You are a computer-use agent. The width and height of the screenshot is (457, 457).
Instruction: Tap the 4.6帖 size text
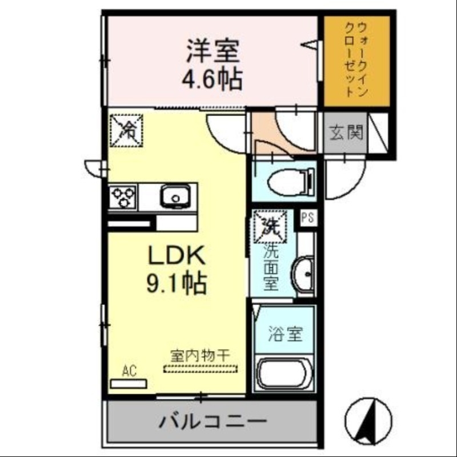[x=212, y=79]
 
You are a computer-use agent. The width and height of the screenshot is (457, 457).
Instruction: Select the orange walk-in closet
[x=357, y=61]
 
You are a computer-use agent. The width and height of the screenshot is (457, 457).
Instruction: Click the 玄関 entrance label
[x=346, y=133]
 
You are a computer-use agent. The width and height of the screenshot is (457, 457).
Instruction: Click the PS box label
[x=308, y=217]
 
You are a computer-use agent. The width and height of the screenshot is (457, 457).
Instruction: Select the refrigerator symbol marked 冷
[x=126, y=131]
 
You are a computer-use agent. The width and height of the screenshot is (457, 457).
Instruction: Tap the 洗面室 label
[x=271, y=266]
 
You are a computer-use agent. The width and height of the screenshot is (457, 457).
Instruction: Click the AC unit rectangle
[x=129, y=383]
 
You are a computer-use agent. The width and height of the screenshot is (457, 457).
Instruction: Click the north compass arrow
[x=371, y=420]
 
